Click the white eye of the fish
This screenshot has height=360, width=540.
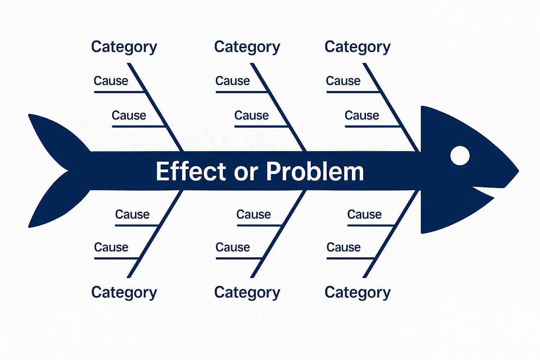[460, 155]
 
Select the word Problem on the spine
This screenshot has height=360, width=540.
[315, 172]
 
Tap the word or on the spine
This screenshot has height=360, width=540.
[246, 172]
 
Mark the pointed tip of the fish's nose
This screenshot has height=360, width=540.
[517, 172]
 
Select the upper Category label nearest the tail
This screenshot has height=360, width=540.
[124, 47]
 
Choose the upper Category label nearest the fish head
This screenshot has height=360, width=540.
[357, 47]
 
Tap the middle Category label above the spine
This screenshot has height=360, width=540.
[247, 47]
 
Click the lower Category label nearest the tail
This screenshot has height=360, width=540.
[124, 292]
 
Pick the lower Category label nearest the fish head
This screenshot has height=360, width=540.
[357, 292]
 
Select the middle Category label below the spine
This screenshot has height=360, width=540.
[247, 292]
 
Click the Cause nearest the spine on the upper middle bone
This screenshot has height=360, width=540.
[251, 115]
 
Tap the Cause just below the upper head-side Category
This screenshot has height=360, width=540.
[343, 81]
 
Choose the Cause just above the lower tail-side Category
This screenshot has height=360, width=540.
[111, 247]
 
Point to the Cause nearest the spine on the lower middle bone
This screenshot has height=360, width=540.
[253, 214]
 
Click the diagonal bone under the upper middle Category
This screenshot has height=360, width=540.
[278, 107]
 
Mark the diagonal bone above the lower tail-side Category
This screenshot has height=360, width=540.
[155, 234]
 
